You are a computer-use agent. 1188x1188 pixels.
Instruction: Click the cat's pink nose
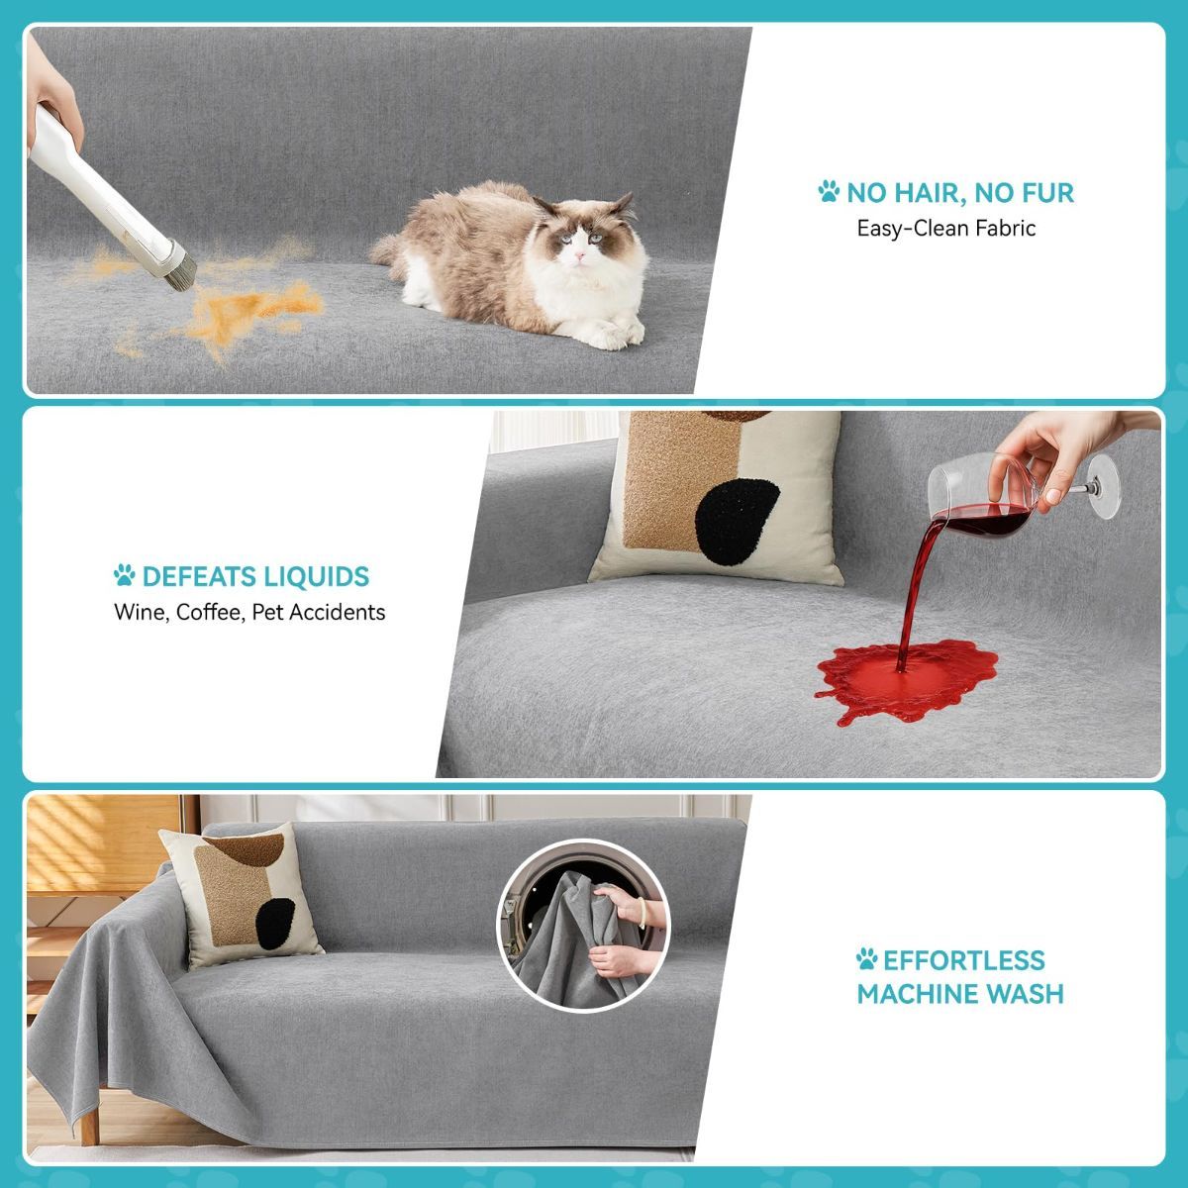[x=579, y=254]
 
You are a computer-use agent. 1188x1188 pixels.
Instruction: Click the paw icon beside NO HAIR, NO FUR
[x=829, y=191]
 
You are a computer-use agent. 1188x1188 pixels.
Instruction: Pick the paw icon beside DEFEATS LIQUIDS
[x=125, y=575]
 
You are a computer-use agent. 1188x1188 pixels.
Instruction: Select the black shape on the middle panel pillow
[x=736, y=522]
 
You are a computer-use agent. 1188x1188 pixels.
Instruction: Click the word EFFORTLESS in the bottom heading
[x=964, y=960]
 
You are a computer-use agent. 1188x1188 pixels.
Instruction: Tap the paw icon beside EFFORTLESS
[x=867, y=959]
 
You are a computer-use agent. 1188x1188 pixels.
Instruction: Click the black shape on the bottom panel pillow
[x=275, y=923]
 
